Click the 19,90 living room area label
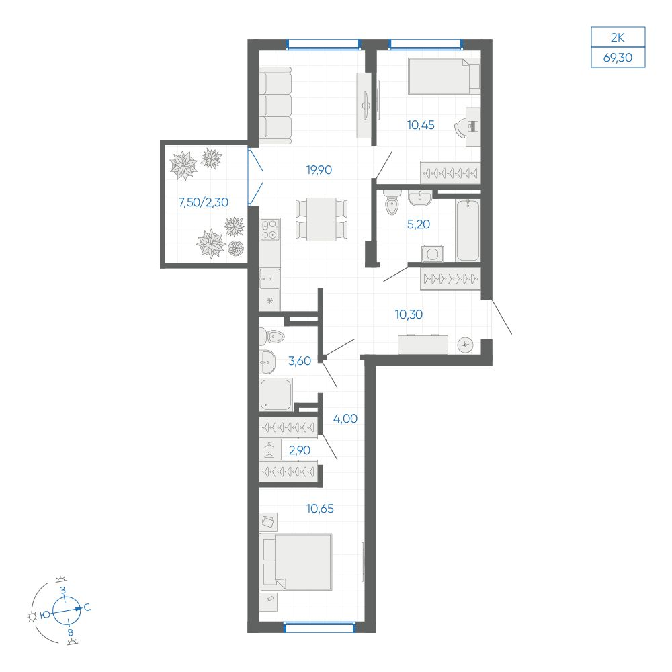point(319,170)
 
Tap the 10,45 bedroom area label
point(421,125)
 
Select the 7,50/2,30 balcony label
point(203,202)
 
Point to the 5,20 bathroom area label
point(418,224)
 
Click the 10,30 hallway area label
point(409,314)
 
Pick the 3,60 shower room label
point(300,361)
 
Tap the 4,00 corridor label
point(345,419)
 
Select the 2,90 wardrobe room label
point(299,450)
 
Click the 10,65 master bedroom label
point(320,509)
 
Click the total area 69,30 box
point(618,57)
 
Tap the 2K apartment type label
point(618,38)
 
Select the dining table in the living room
point(321,219)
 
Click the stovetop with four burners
point(270,229)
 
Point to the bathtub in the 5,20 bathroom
point(468,230)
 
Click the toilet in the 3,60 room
point(271,336)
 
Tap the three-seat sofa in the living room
point(275,106)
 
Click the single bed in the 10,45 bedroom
point(444,76)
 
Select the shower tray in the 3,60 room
point(276,394)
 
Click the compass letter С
point(87,607)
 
